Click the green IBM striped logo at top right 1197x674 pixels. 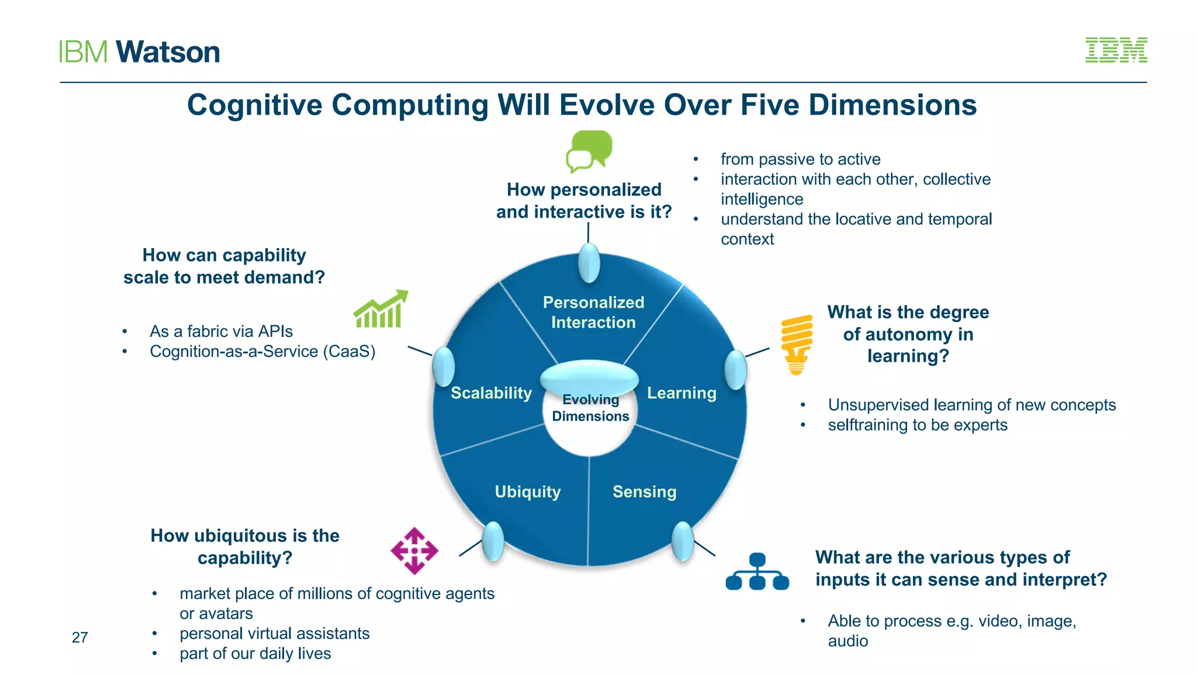pos(1116,50)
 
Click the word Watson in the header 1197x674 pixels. pos(168,52)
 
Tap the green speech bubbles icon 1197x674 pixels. pos(589,151)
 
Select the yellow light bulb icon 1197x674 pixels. pos(797,343)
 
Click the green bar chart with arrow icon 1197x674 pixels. pos(380,310)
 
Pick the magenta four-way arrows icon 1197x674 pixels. pos(414,551)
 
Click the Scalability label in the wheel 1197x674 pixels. pos(491,393)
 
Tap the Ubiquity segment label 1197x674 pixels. pos(527,491)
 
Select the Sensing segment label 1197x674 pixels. pos(644,491)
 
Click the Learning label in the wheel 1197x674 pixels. pos(681,393)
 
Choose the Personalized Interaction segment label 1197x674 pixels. pos(593,312)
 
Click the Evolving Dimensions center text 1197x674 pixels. pos(590,408)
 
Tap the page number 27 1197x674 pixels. pos(79,637)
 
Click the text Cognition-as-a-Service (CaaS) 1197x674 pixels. pos(262,351)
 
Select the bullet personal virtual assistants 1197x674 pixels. pos(274,633)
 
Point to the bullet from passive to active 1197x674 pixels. pos(800,159)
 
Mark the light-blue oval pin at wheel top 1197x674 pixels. pos(589,263)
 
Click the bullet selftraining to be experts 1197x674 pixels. pos(917,425)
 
